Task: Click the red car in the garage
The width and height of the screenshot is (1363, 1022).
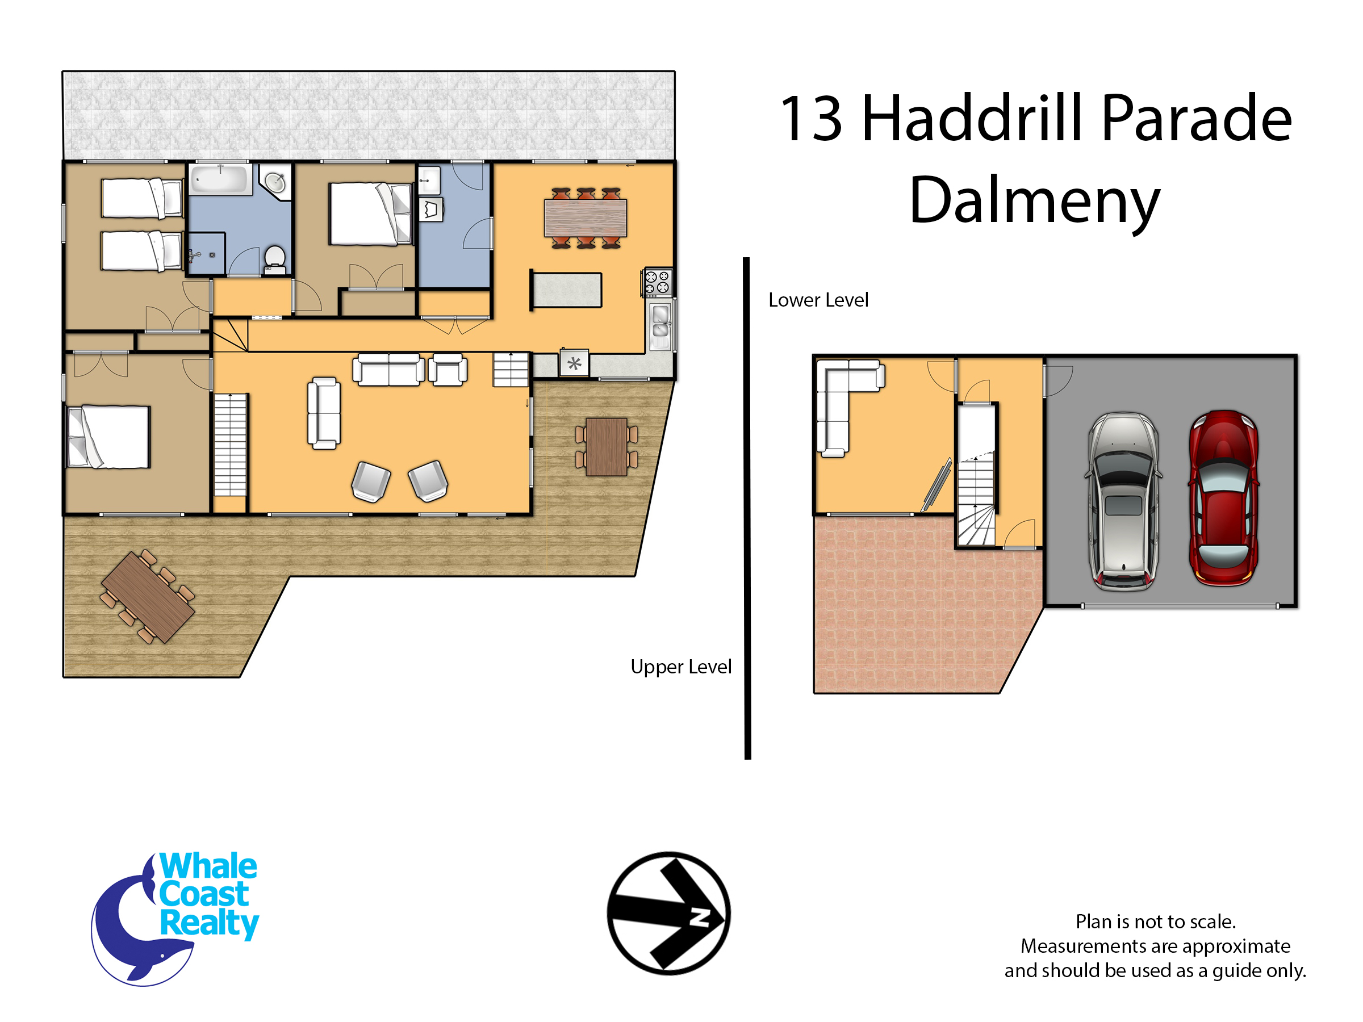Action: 1224,498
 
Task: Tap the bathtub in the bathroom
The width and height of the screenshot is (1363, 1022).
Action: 220,179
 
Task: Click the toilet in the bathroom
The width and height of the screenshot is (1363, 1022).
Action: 274,260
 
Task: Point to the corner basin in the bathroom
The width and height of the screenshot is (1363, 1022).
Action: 275,182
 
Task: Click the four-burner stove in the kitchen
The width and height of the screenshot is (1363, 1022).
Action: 657,283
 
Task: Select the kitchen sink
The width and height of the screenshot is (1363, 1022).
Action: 660,321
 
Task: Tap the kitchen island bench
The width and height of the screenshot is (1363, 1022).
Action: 566,290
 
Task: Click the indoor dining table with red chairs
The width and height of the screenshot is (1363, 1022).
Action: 586,218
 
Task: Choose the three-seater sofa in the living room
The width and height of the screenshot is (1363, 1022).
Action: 388,369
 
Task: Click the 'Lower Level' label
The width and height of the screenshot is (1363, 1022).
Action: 818,300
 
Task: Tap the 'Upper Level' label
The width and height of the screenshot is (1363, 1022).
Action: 681,667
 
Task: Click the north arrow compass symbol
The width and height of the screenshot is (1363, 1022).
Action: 668,914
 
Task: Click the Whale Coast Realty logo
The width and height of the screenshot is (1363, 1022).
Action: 174,919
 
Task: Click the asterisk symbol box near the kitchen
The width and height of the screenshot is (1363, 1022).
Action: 574,363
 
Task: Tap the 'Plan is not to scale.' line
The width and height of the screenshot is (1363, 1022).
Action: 1155,922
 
